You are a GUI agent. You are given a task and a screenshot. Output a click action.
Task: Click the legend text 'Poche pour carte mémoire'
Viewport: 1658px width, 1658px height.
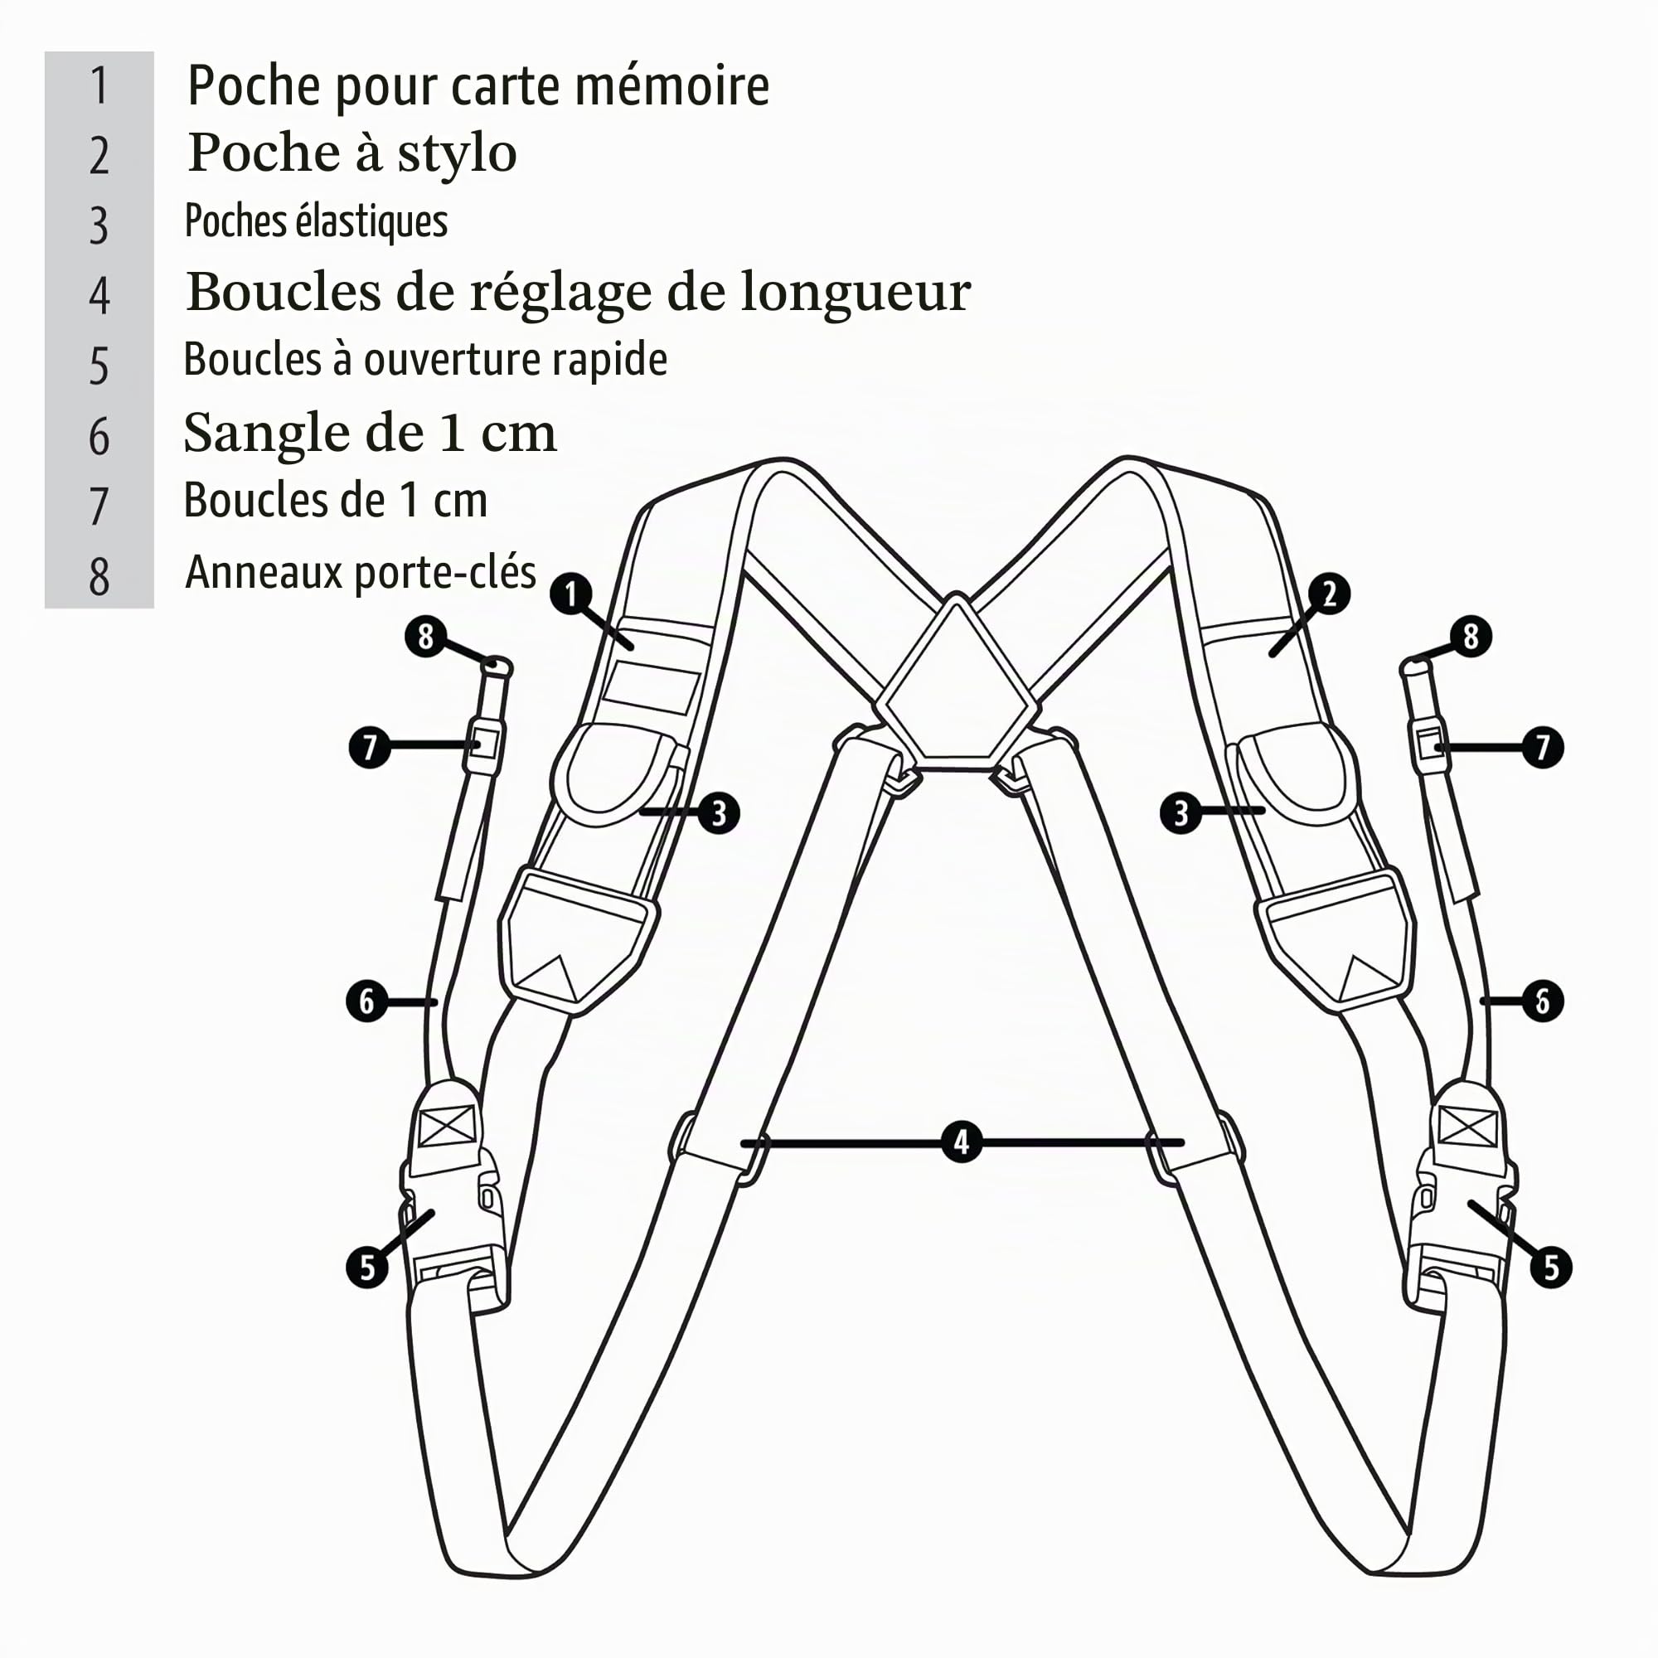click(478, 86)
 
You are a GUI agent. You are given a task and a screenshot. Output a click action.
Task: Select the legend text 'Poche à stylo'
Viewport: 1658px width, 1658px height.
click(351, 153)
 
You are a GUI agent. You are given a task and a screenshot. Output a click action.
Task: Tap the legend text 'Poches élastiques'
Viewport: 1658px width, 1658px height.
click(316, 221)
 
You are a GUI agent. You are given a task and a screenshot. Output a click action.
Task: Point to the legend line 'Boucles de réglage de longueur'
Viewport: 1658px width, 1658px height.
click(579, 293)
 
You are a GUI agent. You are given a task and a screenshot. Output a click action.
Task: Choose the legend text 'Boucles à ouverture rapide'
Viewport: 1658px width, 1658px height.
click(424, 360)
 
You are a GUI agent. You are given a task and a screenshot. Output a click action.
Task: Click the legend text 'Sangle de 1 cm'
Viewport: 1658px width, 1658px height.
click(370, 433)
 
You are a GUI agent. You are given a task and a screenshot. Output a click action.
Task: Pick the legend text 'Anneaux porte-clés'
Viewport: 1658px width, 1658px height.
click(361, 572)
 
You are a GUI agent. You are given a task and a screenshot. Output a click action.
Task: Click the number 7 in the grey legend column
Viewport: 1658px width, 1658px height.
click(99, 506)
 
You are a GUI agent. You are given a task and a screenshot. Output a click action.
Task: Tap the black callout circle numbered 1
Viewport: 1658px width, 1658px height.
click(571, 594)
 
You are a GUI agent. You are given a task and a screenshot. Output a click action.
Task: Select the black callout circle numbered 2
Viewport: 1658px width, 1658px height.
click(1330, 594)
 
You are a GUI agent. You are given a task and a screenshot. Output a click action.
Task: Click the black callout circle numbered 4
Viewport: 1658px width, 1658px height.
click(961, 1142)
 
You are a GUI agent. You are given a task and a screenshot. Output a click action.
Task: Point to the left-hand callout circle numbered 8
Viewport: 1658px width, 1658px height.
click(425, 637)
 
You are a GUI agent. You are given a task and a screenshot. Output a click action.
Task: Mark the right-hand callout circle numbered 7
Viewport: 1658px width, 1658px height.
click(1543, 747)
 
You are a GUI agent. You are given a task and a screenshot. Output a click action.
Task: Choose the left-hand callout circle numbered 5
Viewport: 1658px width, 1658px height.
click(367, 1267)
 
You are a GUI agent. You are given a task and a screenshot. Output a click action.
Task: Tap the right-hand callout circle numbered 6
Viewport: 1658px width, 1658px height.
click(1542, 1001)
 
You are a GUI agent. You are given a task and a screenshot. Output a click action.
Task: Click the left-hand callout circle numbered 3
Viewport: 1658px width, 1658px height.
click(719, 812)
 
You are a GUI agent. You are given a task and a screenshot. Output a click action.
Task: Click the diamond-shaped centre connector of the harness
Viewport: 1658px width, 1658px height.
click(957, 682)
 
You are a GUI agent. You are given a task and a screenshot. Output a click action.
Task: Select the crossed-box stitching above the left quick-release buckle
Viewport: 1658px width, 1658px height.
click(447, 1125)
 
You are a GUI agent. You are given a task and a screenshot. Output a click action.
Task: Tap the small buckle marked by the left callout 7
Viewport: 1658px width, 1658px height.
click(485, 743)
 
